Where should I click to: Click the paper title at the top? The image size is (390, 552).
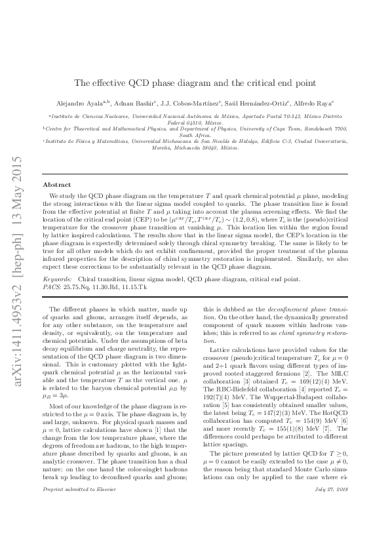tap(195, 83)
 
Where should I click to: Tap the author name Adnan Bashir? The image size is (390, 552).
tap(130, 103)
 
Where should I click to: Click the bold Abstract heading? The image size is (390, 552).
tap(56, 185)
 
